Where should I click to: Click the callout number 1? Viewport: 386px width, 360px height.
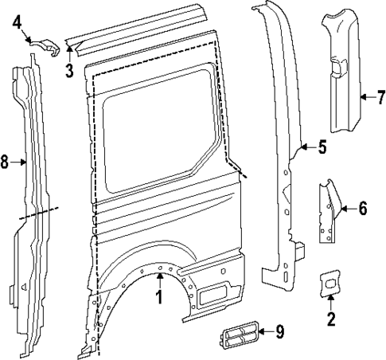pyautogui.click(x=158, y=299)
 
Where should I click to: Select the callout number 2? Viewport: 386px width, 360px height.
pyautogui.click(x=331, y=320)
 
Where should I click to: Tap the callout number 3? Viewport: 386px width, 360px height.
pyautogui.click(x=69, y=71)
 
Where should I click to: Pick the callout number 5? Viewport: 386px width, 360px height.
pyautogui.click(x=322, y=147)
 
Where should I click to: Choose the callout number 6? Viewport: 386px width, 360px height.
pyautogui.click(x=362, y=209)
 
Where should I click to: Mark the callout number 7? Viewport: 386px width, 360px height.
pyautogui.click(x=380, y=99)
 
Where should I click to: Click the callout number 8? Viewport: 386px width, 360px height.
pyautogui.click(x=6, y=162)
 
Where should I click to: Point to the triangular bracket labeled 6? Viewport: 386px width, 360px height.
pyautogui.click(x=328, y=215)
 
